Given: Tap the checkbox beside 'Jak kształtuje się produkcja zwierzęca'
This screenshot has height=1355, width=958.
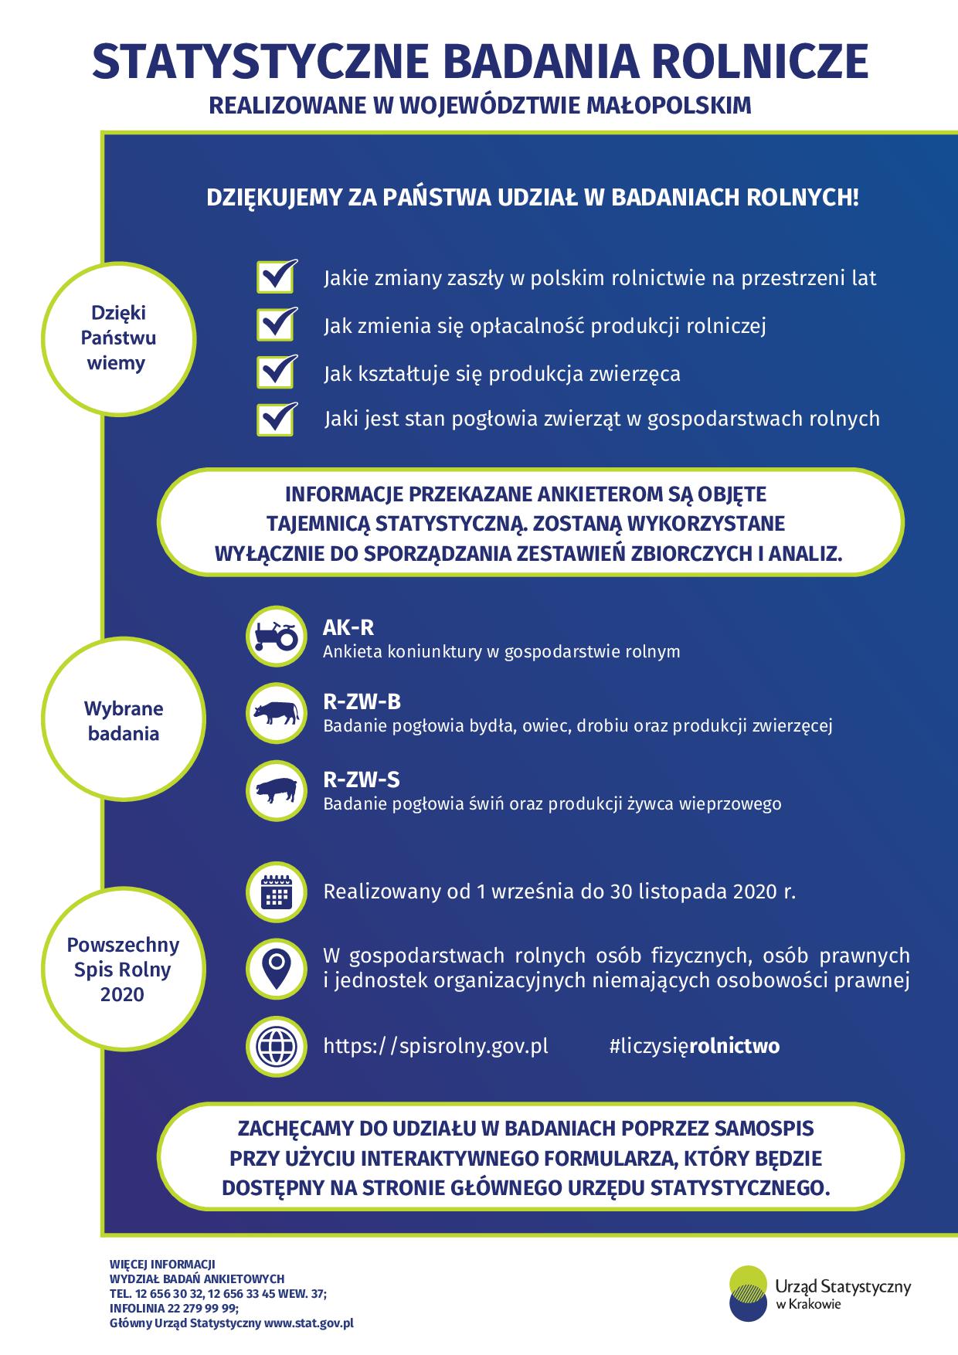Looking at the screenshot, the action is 275,372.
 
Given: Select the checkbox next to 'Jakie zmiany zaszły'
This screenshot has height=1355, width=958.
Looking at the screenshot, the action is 275,276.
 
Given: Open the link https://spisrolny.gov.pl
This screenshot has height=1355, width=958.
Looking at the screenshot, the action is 436,1046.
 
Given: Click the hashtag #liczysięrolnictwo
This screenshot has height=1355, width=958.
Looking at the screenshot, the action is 694,1046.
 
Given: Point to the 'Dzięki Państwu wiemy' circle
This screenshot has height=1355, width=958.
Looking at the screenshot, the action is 118,338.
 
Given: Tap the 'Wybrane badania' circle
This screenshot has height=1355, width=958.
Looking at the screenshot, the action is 124,721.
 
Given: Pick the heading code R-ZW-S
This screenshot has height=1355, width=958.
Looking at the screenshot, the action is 362,779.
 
